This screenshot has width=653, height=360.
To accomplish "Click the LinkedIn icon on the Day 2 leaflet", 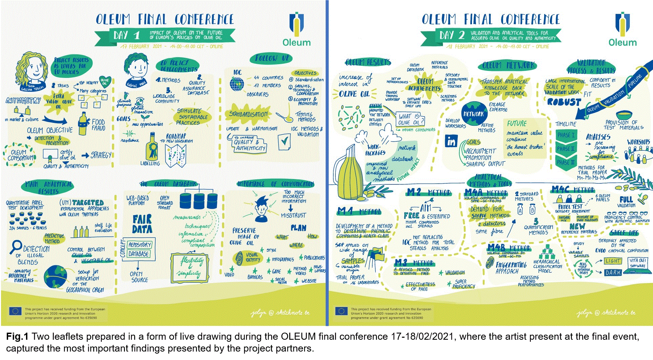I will tap(452, 140).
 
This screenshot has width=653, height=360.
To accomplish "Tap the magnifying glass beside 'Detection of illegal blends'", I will tap(16, 247).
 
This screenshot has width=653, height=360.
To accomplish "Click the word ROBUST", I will tap(564, 102).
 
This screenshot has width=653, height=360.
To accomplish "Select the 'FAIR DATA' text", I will tap(142, 225).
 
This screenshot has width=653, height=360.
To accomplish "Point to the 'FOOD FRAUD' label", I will tap(98, 125).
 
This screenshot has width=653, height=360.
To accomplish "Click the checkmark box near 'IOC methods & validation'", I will tap(284, 142).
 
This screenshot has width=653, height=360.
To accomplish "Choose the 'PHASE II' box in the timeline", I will tap(566, 148).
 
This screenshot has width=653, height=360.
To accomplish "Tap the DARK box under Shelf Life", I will tap(613, 272).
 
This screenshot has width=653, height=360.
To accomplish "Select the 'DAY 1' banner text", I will tap(126, 35).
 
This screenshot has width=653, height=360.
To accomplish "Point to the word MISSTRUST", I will tap(293, 215).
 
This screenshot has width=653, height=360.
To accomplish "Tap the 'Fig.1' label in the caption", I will tap(17, 337).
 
